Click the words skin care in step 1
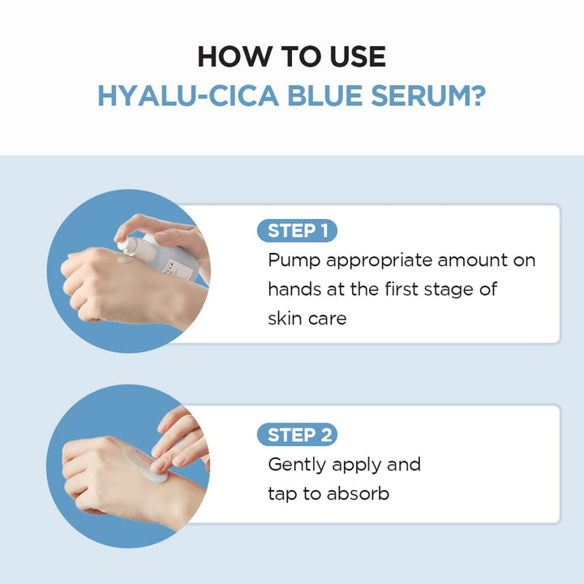pyautogui.click(x=307, y=318)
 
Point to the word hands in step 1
pyautogui.click(x=295, y=289)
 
